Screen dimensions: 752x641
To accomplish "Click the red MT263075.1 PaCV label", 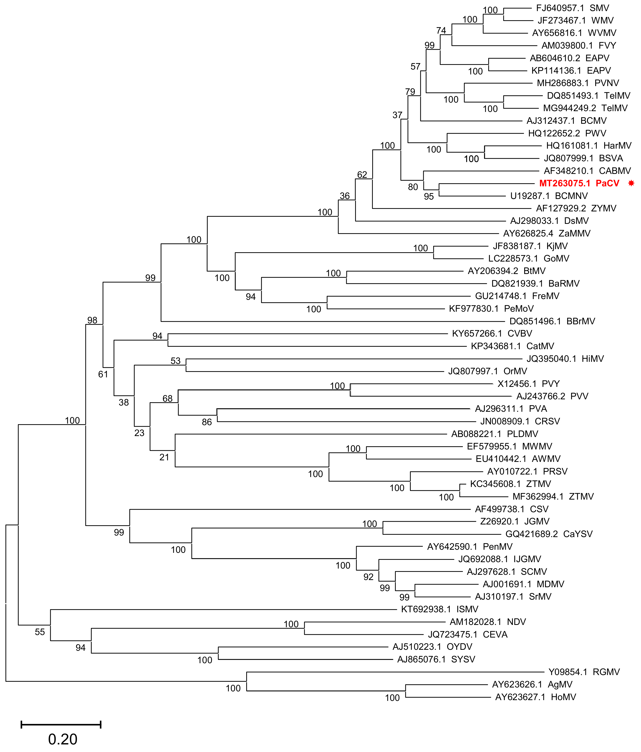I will [x=579, y=183].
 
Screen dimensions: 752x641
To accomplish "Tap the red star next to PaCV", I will [x=631, y=183].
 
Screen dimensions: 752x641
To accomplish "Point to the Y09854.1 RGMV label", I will [x=584, y=672].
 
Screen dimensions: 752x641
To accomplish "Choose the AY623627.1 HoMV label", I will [x=535, y=697].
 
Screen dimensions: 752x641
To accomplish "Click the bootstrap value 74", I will [x=441, y=31].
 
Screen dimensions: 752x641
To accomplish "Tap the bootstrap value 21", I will [x=164, y=457].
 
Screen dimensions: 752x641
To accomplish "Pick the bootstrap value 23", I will [x=139, y=433].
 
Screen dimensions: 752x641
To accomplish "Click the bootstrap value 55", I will [x=40, y=632].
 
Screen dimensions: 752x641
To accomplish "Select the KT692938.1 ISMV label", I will [x=440, y=609].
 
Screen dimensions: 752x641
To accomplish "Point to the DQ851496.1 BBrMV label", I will [x=552, y=321].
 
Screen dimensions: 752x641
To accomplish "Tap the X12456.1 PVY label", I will [x=528, y=384].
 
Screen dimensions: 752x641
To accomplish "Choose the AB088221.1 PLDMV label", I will [x=494, y=434].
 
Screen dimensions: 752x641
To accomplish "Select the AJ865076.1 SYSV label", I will [x=436, y=659].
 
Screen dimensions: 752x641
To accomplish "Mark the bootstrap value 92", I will [x=368, y=577].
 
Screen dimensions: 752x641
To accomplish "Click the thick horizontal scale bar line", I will [x=61, y=725].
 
